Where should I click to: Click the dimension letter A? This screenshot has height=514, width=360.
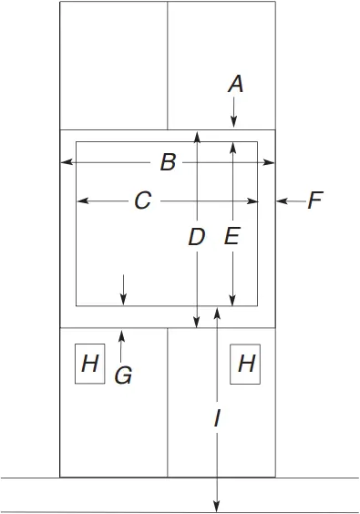235,84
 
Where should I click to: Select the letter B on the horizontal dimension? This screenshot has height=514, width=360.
168,163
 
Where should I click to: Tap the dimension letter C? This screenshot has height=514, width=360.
142,200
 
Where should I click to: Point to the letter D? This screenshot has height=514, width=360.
196,238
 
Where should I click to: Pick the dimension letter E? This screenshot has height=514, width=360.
231,237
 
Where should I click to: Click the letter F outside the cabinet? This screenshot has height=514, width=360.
315,200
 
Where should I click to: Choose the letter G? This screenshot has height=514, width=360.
123,374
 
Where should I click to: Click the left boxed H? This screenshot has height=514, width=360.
89,365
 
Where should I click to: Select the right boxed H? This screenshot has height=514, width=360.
246,365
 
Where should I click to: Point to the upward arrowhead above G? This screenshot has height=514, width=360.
123,334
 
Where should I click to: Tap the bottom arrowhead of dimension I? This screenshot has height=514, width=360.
216,507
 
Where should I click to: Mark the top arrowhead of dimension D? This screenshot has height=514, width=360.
196,135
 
